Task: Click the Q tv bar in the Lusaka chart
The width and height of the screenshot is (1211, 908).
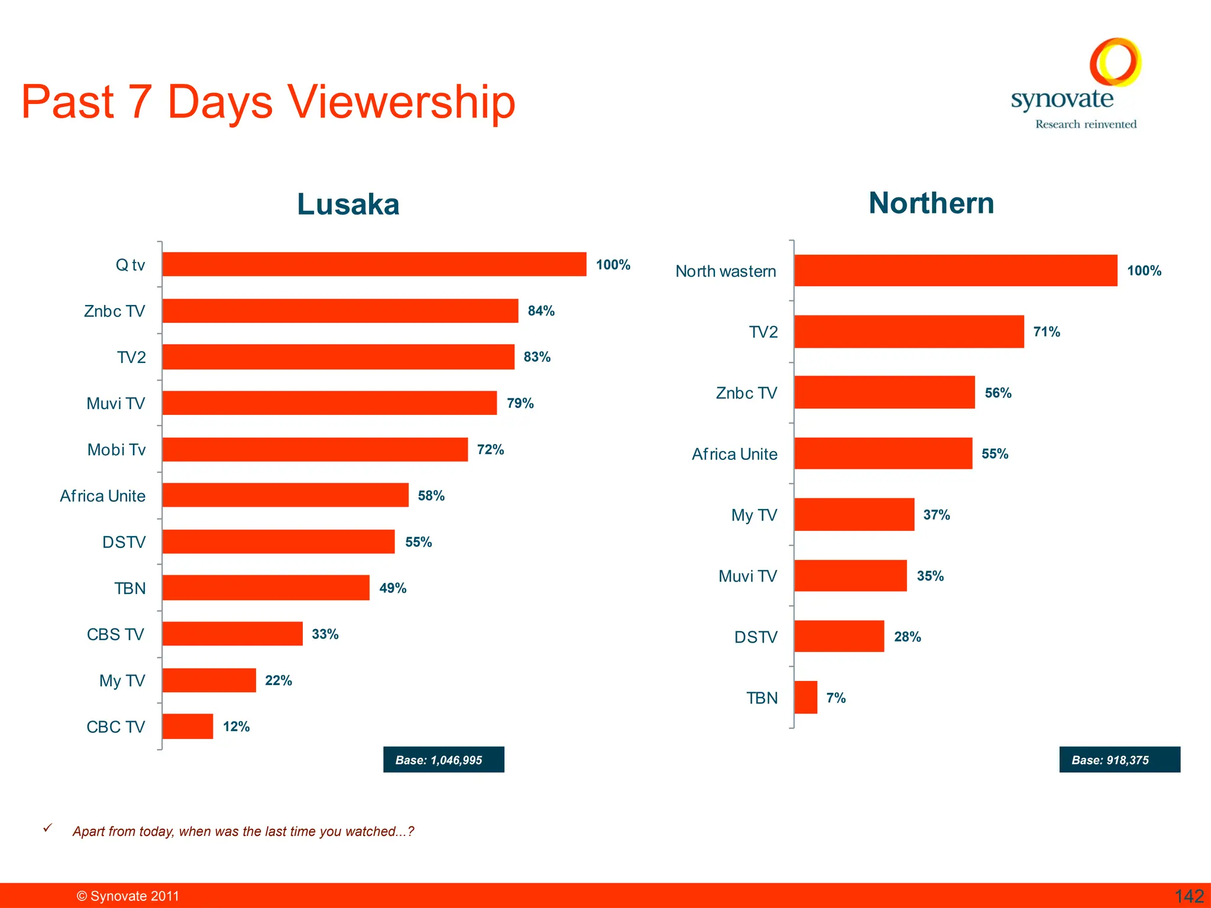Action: click(374, 264)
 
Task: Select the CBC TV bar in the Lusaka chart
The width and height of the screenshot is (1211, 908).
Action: click(187, 727)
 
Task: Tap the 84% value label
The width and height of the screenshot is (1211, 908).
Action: click(540, 311)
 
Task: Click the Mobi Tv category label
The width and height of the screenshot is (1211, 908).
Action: click(116, 450)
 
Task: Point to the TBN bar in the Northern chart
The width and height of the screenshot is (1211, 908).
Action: click(805, 698)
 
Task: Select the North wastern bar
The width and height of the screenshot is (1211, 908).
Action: click(956, 271)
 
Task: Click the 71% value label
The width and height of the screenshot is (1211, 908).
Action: click(1046, 332)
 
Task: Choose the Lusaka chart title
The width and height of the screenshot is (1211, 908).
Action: click(348, 205)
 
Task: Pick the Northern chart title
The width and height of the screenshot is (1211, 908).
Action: click(931, 203)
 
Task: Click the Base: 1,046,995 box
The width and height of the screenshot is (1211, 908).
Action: click(443, 760)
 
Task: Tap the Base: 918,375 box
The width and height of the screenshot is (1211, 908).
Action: click(1119, 760)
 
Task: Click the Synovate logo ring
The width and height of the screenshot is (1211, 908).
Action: click(1115, 62)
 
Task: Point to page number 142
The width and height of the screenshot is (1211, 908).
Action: click(1189, 896)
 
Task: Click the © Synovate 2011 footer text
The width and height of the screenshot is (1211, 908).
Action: click(128, 896)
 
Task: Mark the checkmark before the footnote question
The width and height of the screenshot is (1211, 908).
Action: click(48, 828)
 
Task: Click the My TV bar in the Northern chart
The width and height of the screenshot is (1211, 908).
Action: click(854, 514)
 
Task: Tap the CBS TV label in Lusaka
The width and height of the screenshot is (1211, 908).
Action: click(115, 634)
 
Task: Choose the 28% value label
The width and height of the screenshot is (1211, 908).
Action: click(907, 637)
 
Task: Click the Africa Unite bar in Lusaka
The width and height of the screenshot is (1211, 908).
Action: click(285, 495)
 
